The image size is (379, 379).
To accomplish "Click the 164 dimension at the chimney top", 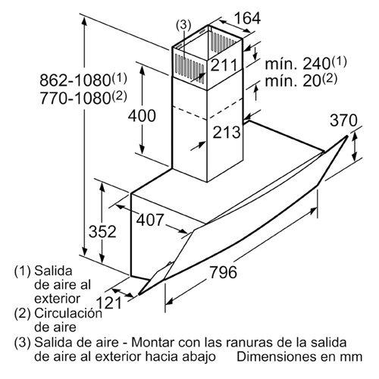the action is [x=247, y=18].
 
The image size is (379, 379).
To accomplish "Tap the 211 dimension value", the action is [x=224, y=65].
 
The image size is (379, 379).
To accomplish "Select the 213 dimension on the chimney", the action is [x=227, y=132].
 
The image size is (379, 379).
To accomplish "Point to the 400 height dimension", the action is [x=142, y=116].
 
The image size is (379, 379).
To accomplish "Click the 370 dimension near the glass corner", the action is [x=344, y=121].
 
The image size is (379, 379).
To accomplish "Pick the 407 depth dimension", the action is [x=150, y=220].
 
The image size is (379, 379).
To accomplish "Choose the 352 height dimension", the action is [x=102, y=231].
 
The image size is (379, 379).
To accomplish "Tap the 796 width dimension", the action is [x=224, y=272].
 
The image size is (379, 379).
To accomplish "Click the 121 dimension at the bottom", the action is [x=109, y=302].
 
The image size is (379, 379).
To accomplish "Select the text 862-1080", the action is [x=75, y=80].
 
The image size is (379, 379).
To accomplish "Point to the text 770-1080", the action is [x=75, y=98].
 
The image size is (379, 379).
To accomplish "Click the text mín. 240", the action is [x=298, y=64].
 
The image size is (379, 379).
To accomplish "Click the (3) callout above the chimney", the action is [x=183, y=25].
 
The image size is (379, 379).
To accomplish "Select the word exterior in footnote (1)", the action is [x=58, y=299].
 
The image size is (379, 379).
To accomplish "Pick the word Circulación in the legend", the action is [x=68, y=313].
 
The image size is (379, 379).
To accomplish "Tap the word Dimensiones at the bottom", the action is [x=277, y=356].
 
